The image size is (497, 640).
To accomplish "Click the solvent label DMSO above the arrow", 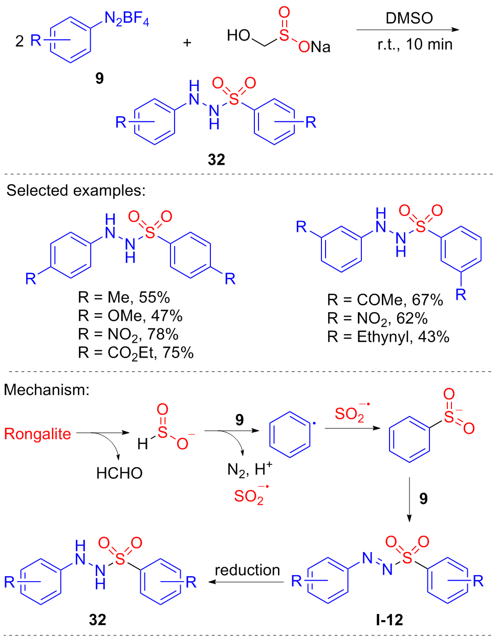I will (x=409, y=18).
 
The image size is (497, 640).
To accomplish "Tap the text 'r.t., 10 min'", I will (x=415, y=45).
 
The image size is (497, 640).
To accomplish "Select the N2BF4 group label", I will (x=126, y=19).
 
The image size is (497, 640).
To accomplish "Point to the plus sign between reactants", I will (x=187, y=43).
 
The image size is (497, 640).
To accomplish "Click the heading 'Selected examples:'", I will (x=76, y=191).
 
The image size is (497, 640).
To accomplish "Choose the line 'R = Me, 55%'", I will (x=124, y=297).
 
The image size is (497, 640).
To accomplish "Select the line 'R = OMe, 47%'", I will (x=130, y=316).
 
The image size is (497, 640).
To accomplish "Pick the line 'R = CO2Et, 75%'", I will (x=136, y=353).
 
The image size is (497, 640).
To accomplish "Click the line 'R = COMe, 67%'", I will (x=385, y=300).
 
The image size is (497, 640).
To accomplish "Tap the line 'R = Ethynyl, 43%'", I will (x=388, y=337).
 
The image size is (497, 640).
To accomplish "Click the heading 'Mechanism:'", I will (x=47, y=390).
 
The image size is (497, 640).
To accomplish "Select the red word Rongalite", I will (x=38, y=434).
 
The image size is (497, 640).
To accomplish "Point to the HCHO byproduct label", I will (x=119, y=473).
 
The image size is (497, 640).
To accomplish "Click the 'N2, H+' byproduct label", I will (x=249, y=469).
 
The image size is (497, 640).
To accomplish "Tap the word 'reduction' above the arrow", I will (x=247, y=570).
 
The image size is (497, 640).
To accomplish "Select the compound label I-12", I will (x=389, y=620).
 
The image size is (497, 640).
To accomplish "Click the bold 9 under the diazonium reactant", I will (x=99, y=78).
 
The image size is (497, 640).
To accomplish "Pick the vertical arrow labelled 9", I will (x=409, y=499).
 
